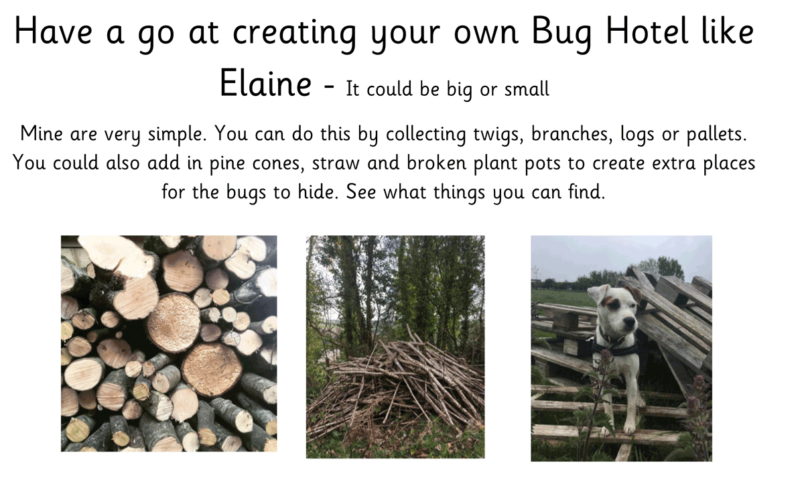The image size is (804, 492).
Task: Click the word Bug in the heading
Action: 561,33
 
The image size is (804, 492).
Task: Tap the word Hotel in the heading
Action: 647,31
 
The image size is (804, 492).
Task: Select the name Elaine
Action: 265,83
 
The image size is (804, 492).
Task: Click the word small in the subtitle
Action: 527,88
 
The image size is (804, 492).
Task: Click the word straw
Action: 336,164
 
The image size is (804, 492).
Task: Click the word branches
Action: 572,134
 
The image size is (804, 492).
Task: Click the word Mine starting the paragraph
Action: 42,133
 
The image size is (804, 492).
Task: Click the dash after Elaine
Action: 329,86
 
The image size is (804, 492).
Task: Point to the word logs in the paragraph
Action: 637,135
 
